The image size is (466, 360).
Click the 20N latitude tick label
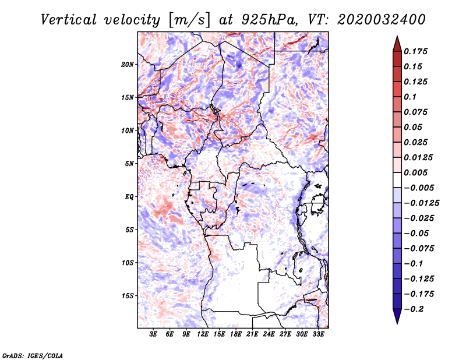click(128, 64)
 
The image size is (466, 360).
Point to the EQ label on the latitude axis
click(129, 196)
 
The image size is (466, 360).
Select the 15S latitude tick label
click(128, 295)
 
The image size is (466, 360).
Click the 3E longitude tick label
click(153, 334)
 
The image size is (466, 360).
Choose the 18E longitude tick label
click(236, 334)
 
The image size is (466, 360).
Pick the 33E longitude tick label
click(319, 334)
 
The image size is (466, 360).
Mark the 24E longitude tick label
click(269, 334)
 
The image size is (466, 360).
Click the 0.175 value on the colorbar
click(417, 51)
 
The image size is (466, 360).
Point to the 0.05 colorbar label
click(414, 127)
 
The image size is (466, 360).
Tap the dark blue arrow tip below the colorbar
click(397, 320)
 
